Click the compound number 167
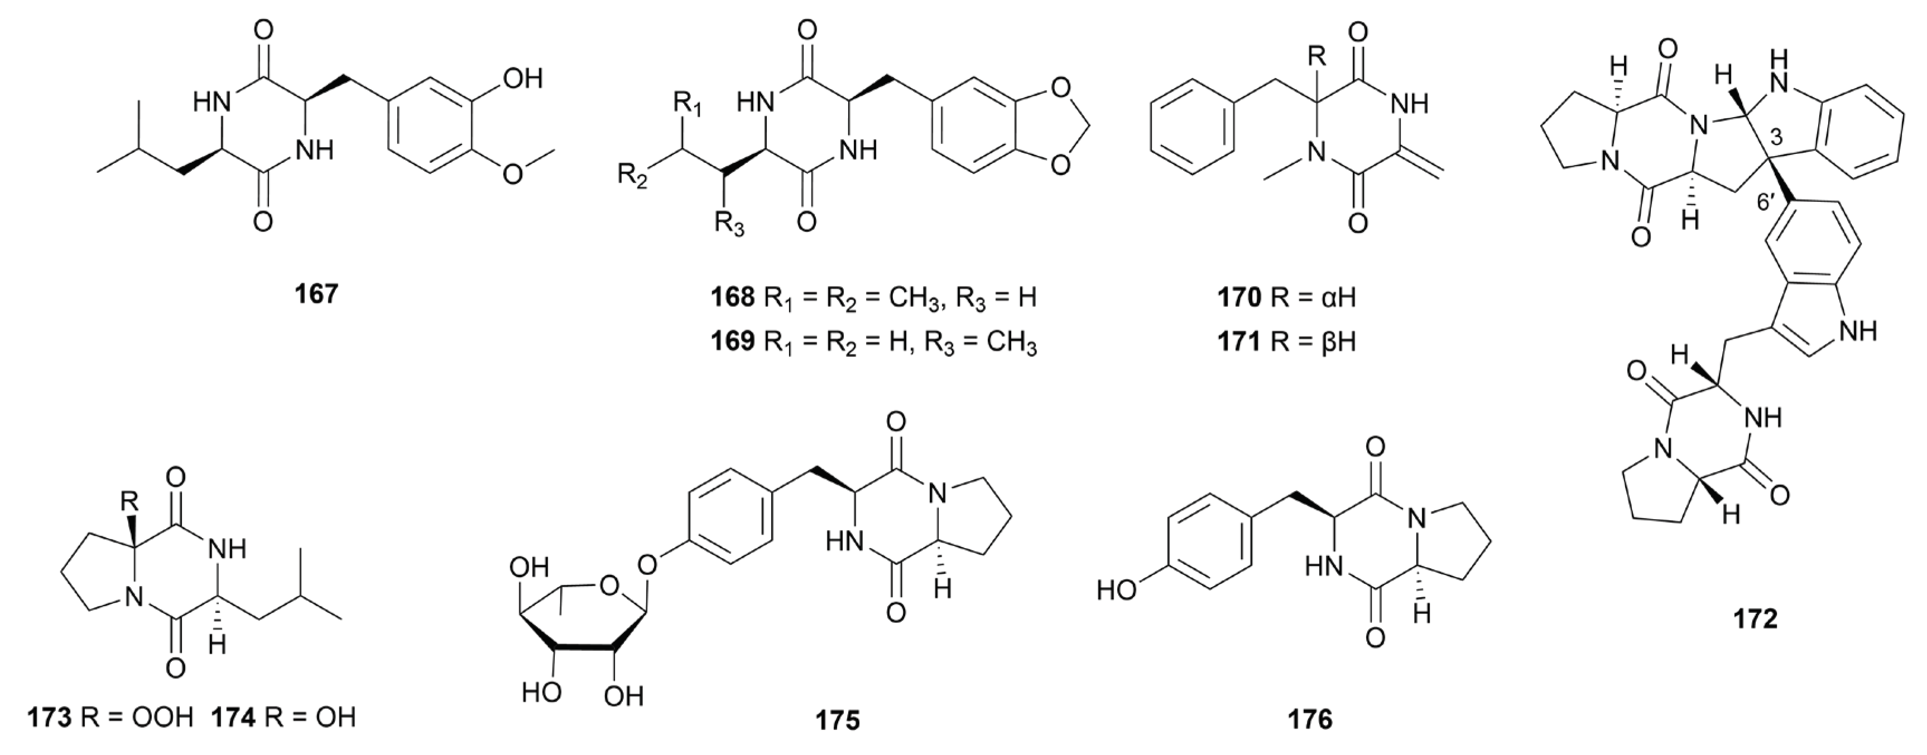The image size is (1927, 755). [x=317, y=294]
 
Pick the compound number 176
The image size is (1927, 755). [x=1310, y=720]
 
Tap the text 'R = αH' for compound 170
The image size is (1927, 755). [x=1313, y=298]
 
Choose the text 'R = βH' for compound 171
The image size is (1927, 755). [x=1313, y=342]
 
